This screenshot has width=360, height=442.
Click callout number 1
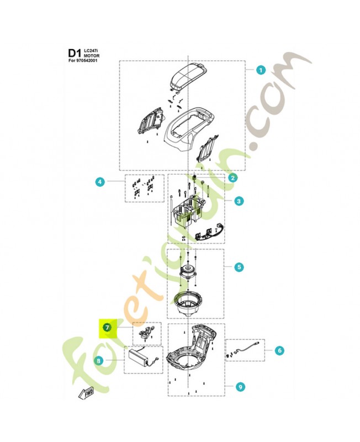coord(261,70)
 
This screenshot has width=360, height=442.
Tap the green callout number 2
coord(233,178)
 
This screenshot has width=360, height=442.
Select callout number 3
coord(238,202)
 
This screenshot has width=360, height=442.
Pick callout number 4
coord(99,182)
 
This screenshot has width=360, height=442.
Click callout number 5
coord(238,267)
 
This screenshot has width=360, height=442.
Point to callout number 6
coord(279,350)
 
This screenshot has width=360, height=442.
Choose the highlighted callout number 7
coord(108,327)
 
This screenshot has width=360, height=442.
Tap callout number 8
coord(99,361)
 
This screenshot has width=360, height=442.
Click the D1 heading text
coord(74,53)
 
